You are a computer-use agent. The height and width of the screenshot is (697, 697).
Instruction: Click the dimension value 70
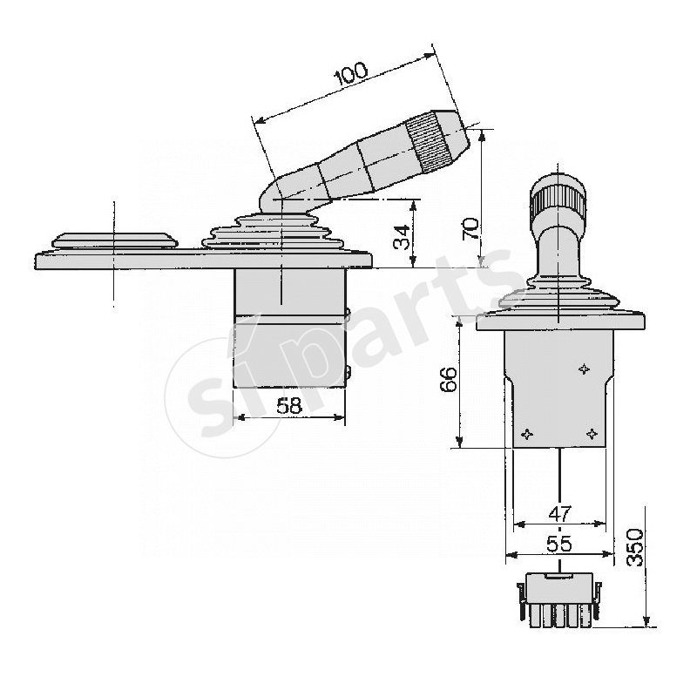point(470,228)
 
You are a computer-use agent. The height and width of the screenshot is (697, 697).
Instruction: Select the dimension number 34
point(401,236)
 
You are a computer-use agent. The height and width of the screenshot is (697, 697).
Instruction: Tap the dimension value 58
point(289,405)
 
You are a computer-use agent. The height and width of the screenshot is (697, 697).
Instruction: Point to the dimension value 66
point(447,380)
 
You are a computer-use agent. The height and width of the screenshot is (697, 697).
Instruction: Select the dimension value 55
point(558,544)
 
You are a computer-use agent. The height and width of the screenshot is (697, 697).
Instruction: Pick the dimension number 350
point(635,547)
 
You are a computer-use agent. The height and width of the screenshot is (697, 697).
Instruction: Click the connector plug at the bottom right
point(558,599)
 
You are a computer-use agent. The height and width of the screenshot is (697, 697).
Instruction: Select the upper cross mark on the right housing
point(584,369)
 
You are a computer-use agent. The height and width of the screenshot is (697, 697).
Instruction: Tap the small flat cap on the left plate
point(113,238)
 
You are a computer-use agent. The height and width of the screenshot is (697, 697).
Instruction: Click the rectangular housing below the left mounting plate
point(289,331)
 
